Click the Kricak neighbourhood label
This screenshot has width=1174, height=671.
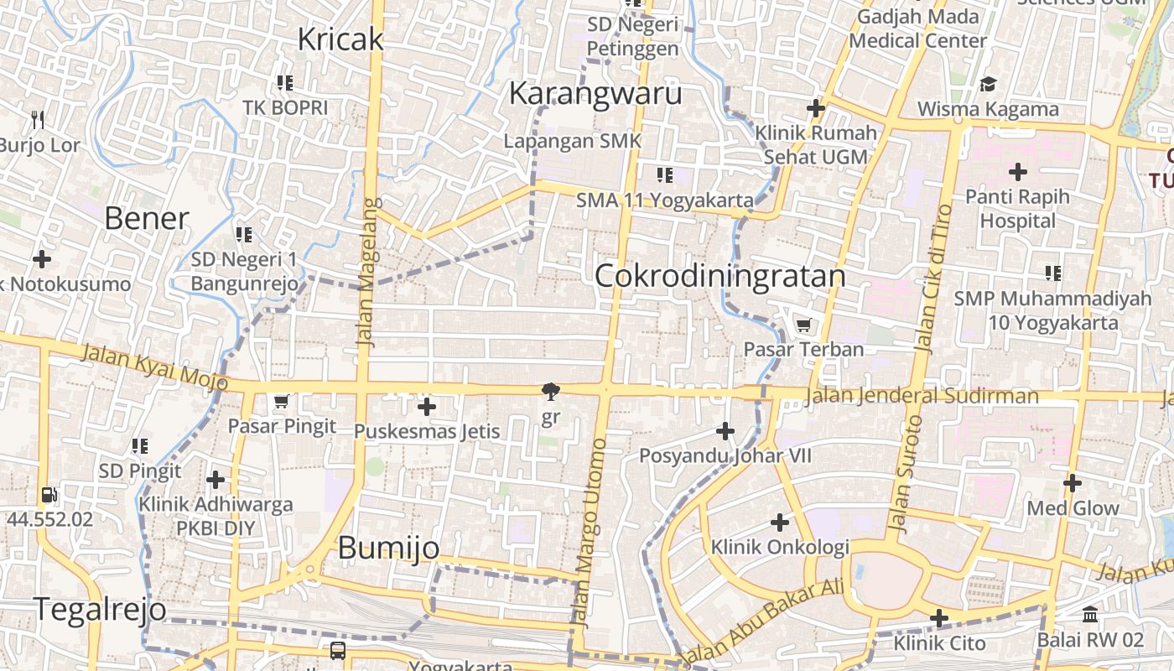[x=340, y=39]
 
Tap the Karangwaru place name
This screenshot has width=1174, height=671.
[x=595, y=93]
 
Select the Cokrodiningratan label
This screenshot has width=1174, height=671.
[x=720, y=276]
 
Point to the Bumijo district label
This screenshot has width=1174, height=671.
[x=388, y=548]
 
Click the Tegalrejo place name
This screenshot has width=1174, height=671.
[x=100, y=610]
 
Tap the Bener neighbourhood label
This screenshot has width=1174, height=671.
[x=147, y=218]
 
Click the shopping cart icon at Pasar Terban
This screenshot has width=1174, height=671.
[x=803, y=325]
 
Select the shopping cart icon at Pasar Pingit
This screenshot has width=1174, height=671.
[x=282, y=402]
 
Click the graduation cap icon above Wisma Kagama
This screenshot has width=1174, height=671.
[x=988, y=85]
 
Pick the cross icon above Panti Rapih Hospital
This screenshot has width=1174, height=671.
[x=1018, y=173]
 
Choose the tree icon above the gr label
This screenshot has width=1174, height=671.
[x=551, y=391]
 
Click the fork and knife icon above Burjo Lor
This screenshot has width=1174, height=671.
[x=37, y=120]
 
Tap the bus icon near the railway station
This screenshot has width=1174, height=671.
[x=338, y=650]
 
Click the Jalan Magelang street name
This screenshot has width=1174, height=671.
[x=366, y=273]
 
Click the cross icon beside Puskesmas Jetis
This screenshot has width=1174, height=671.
[x=427, y=408]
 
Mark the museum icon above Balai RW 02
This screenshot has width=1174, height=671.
[x=1090, y=616]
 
